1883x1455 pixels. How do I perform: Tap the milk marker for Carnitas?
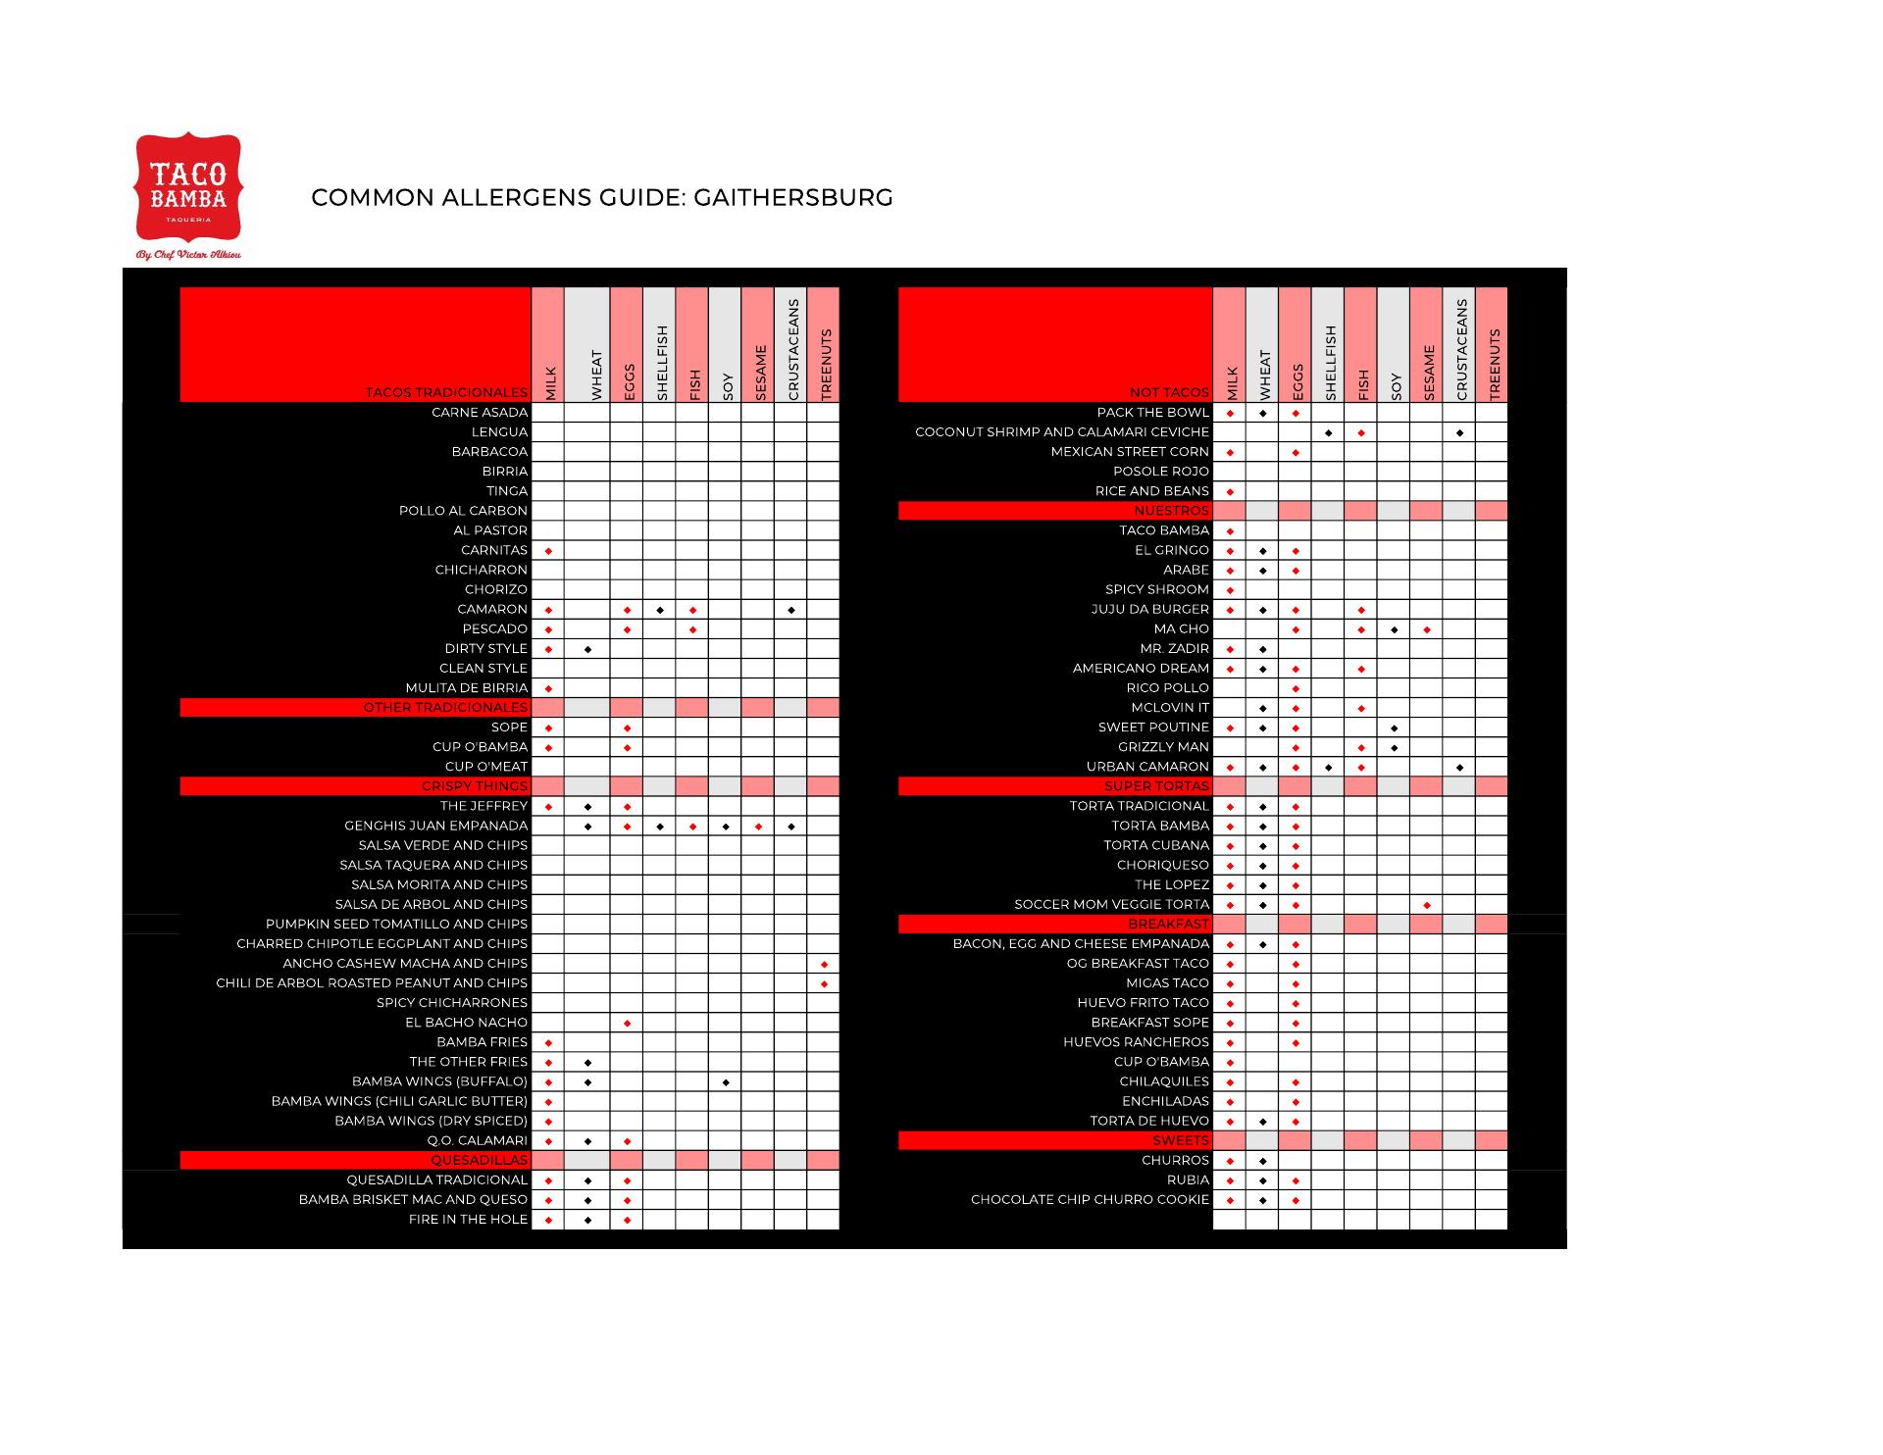click(x=548, y=551)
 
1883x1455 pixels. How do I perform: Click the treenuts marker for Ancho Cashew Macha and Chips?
click(x=824, y=964)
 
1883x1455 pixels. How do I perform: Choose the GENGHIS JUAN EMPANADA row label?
click(x=435, y=826)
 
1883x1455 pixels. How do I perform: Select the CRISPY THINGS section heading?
click(x=474, y=786)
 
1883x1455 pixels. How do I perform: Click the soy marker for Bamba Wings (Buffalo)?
click(x=726, y=1082)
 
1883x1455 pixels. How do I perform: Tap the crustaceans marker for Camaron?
click(x=791, y=610)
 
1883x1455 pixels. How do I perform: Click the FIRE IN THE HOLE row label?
click(x=468, y=1220)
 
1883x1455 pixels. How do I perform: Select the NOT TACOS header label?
click(x=1169, y=392)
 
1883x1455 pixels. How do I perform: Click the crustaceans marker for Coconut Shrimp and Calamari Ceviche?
click(x=1459, y=432)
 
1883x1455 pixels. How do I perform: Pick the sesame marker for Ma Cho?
click(x=1427, y=629)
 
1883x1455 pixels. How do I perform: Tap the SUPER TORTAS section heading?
click(x=1156, y=786)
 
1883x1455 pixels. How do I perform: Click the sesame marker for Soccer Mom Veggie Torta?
click(x=1427, y=905)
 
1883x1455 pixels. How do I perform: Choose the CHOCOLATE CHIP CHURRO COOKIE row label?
click(x=1090, y=1200)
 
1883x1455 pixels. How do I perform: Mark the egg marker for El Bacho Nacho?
click(x=628, y=1024)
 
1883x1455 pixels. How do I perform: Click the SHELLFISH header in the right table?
click(x=1330, y=363)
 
